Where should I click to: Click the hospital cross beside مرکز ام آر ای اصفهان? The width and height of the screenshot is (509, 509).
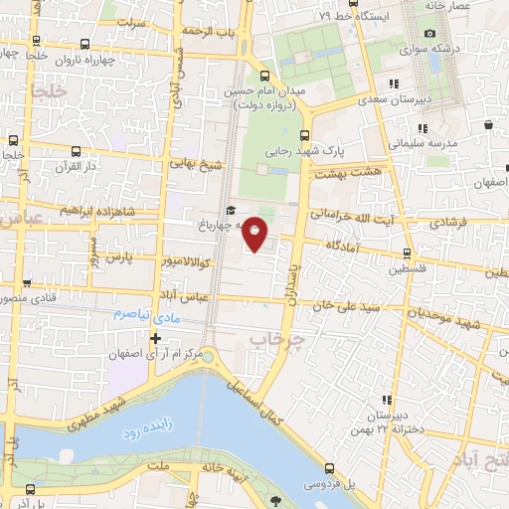(155, 338)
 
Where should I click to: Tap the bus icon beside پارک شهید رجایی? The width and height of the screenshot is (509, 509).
(305, 136)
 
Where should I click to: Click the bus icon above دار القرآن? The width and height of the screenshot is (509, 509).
(77, 151)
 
